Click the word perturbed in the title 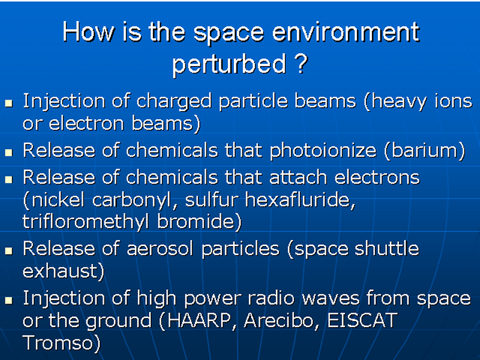pyautogui.click(x=229, y=64)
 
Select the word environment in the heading pyautogui.click(x=346, y=31)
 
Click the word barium pyautogui.click(x=425, y=151)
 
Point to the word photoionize pyautogui.click(x=323, y=152)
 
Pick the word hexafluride pyautogui.click(x=299, y=200)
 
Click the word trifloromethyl pyautogui.click(x=86, y=222)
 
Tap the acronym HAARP pyautogui.click(x=199, y=320)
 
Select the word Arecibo pyautogui.click(x=281, y=320)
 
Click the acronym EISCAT pyautogui.click(x=362, y=320)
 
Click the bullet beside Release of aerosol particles pyautogui.click(x=8, y=251)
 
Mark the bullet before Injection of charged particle pyautogui.click(x=8, y=103)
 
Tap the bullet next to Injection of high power pyautogui.click(x=8, y=301)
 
